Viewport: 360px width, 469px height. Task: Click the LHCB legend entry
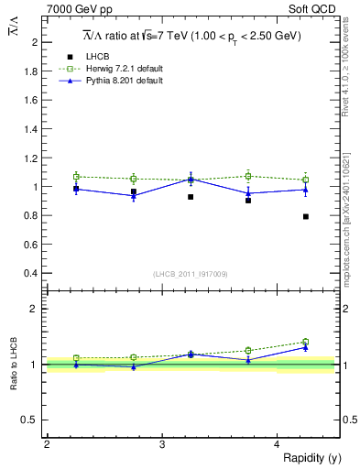(x=99, y=57)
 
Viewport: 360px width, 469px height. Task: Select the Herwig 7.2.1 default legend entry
(x=119, y=69)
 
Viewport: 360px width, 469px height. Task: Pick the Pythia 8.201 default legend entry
(x=119, y=81)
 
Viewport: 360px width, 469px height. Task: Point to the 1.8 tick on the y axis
(x=34, y=71)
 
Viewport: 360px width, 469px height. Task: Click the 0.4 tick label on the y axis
(x=34, y=274)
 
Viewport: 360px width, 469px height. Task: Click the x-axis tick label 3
(x=161, y=444)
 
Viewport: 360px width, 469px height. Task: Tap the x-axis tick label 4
(x=277, y=444)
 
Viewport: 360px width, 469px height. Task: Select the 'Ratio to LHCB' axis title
(x=15, y=365)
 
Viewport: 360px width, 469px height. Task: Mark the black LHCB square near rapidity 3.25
(x=191, y=197)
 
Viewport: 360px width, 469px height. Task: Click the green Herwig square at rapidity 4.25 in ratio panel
(x=305, y=342)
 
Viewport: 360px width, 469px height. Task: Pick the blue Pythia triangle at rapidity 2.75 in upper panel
(x=134, y=196)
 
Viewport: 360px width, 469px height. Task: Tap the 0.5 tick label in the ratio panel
(x=34, y=420)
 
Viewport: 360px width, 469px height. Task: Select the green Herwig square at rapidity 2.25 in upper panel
(x=76, y=176)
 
